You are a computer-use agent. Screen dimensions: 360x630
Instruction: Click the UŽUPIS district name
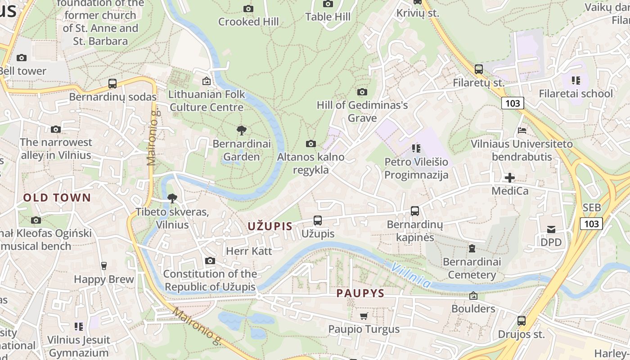pyautogui.click(x=270, y=226)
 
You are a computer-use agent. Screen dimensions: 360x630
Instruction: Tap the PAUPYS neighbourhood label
pyautogui.click(x=360, y=294)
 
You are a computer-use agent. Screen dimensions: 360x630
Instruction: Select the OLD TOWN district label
pyautogui.click(x=57, y=198)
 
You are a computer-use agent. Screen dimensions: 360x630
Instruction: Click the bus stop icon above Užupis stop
pyautogui.click(x=318, y=220)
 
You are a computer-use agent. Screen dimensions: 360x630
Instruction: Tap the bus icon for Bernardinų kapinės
pyautogui.click(x=415, y=211)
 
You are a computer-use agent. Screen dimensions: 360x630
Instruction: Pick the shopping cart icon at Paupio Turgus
pyautogui.click(x=364, y=316)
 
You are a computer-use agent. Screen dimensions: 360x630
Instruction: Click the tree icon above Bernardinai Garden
pyautogui.click(x=242, y=130)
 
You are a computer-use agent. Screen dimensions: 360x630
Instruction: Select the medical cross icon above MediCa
pyautogui.click(x=509, y=178)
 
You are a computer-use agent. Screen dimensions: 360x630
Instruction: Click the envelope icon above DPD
pyautogui.click(x=551, y=229)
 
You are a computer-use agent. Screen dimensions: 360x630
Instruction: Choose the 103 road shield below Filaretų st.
pyautogui.click(x=513, y=103)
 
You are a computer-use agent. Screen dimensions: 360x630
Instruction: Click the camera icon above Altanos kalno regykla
pyautogui.click(x=310, y=144)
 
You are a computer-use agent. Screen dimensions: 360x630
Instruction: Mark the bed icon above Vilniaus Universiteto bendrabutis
pyautogui.click(x=522, y=130)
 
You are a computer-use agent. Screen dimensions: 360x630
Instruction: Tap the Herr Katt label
pyautogui.click(x=249, y=251)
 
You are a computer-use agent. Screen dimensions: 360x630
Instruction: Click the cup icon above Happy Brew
pyautogui.click(x=104, y=265)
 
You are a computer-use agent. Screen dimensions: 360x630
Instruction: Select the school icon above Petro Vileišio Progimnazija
pyautogui.click(x=416, y=148)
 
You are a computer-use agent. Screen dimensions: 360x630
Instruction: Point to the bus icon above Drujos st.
pyautogui.click(x=521, y=321)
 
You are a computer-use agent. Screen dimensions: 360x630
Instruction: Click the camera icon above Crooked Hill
pyautogui.click(x=248, y=9)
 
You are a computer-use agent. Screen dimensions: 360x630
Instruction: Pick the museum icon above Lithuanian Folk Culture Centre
pyautogui.click(x=207, y=81)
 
